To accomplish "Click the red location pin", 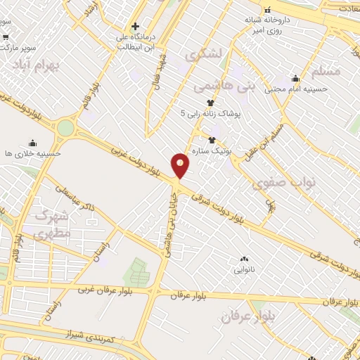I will coord(181,165).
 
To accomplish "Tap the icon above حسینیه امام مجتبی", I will coord(295,78).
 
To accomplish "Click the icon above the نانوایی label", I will coord(245,259).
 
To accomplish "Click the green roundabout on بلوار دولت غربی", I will coord(65,128).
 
